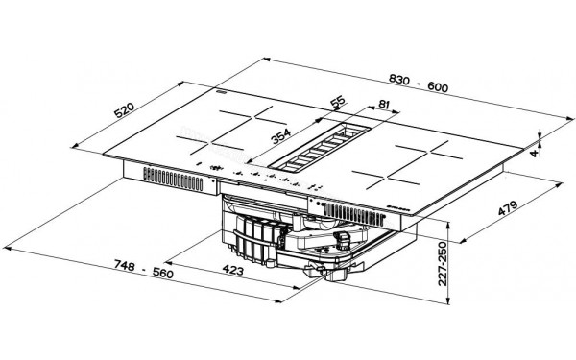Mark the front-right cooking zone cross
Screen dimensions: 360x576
[393, 174]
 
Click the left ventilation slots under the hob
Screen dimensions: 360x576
[167, 178]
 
